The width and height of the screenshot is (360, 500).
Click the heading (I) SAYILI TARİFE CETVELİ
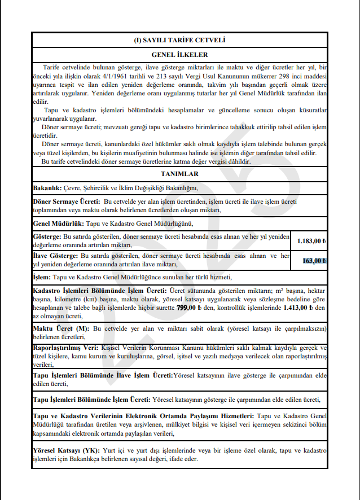[180, 40]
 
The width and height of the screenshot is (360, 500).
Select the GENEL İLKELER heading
[180, 55]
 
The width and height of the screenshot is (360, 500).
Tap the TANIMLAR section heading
[180, 174]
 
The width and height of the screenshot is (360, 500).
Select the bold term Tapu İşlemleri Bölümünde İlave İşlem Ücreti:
[103, 375]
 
